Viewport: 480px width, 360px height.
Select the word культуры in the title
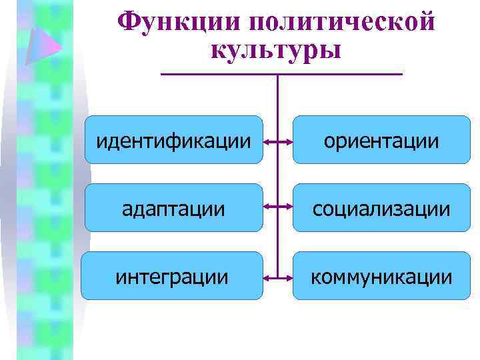[x=276, y=50]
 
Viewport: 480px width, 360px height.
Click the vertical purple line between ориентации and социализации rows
[x=277, y=175]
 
